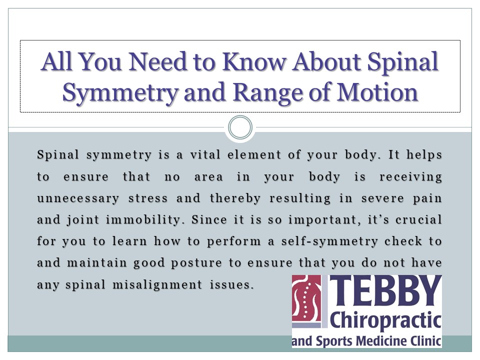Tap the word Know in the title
point(250,62)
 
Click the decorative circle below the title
point(240,127)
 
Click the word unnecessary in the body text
point(78,198)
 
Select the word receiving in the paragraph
point(410,177)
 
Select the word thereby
point(235,198)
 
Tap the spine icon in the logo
point(306,298)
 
